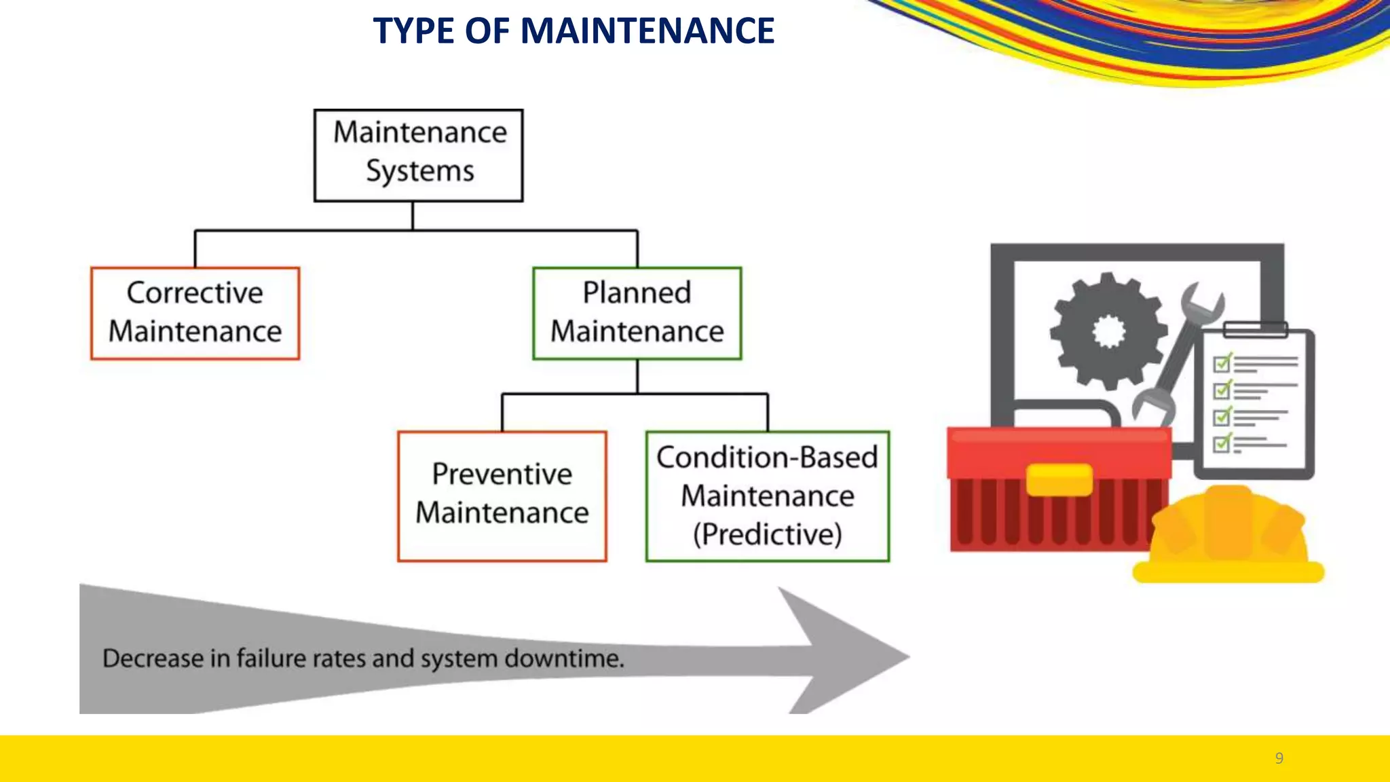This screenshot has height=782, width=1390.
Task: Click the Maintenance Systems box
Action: [x=418, y=155]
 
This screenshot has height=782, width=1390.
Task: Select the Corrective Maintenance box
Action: [x=195, y=313]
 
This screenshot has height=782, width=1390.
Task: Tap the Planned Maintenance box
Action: [x=637, y=313]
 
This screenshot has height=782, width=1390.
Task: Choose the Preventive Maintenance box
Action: [x=502, y=496]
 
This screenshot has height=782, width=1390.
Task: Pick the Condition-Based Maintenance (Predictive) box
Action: [x=767, y=496]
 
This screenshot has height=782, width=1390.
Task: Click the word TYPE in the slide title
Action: [x=413, y=31]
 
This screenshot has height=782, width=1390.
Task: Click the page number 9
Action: [x=1279, y=758]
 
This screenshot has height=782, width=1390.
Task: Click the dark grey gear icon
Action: [x=1108, y=331]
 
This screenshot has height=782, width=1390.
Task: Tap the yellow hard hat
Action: [x=1228, y=536]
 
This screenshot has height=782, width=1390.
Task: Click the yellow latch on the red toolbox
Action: [x=1059, y=480]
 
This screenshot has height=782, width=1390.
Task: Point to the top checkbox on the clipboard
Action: [x=1222, y=363]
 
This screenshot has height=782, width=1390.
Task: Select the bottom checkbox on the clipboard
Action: [x=1222, y=443]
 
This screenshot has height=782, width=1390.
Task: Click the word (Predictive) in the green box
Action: [x=767, y=534]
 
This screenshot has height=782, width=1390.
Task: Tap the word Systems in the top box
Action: [x=419, y=171]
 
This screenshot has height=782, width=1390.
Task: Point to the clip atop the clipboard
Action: [x=1255, y=330]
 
